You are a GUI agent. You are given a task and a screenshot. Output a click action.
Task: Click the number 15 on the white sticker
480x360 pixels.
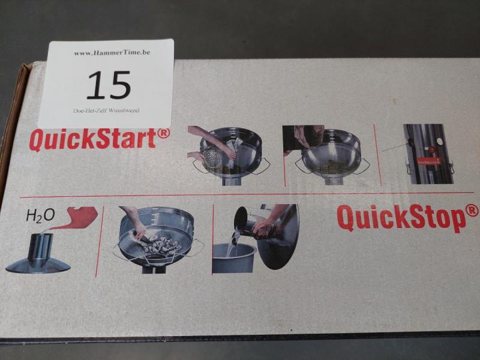(x=109, y=85)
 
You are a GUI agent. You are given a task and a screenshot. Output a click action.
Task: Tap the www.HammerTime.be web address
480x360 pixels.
(x=112, y=53)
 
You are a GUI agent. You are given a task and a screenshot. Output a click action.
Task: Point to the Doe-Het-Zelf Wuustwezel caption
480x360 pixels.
(x=106, y=110)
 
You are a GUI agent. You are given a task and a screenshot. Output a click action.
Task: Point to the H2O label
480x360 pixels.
(x=40, y=216)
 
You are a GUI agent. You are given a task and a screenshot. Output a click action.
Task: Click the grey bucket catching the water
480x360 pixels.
(x=233, y=258)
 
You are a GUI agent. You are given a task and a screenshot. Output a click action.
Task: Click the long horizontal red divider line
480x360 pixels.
(x=247, y=194)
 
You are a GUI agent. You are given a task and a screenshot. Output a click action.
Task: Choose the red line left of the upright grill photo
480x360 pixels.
(x=378, y=155)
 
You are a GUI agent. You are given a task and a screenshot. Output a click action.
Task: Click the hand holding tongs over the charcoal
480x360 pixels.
(x=139, y=227)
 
